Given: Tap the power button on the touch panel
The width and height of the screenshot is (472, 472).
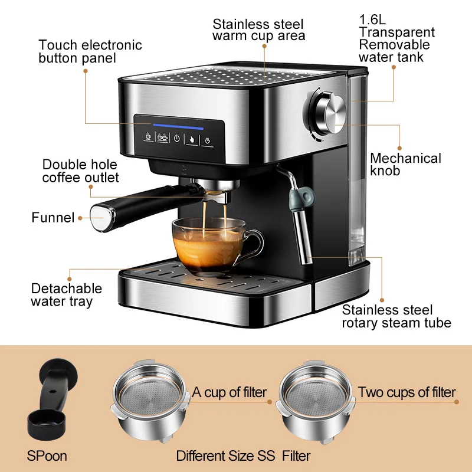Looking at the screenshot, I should click(176, 139).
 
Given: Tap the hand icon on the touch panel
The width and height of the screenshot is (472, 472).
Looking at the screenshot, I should click(192, 139).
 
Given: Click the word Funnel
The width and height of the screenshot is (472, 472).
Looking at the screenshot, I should click(53, 218).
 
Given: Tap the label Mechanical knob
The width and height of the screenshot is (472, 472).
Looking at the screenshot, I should click(405, 165).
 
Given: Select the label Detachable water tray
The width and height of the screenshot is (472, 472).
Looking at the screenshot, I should click(67, 295).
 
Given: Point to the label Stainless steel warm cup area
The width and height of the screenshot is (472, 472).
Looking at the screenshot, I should click(258, 30).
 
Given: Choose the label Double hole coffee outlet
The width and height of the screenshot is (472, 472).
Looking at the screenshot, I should click(80, 171).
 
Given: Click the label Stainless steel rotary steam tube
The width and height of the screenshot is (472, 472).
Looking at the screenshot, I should click(396, 316).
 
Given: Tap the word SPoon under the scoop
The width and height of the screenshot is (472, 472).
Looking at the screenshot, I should click(48, 456).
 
